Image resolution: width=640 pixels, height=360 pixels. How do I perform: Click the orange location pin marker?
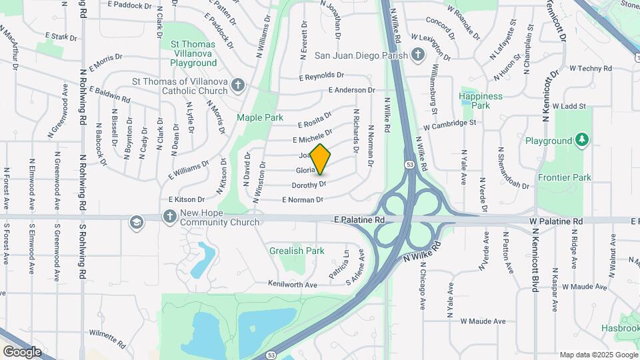(321, 159)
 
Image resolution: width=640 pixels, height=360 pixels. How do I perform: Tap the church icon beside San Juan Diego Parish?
(418, 55)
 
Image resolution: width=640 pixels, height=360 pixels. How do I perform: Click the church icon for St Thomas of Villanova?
(239, 85)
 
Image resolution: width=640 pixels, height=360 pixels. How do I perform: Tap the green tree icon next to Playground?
(583, 140)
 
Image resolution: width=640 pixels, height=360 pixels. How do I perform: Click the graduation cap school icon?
(137, 221)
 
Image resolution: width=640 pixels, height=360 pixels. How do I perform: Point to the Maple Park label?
(260, 117)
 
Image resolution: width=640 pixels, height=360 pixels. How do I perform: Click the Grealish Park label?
(297, 251)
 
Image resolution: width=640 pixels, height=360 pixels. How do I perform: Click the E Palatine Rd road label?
(361, 219)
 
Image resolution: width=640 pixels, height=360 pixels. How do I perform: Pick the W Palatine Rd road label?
(556, 221)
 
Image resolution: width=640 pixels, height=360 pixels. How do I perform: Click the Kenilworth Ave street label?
(293, 284)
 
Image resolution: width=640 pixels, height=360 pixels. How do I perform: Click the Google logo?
(22, 351)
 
